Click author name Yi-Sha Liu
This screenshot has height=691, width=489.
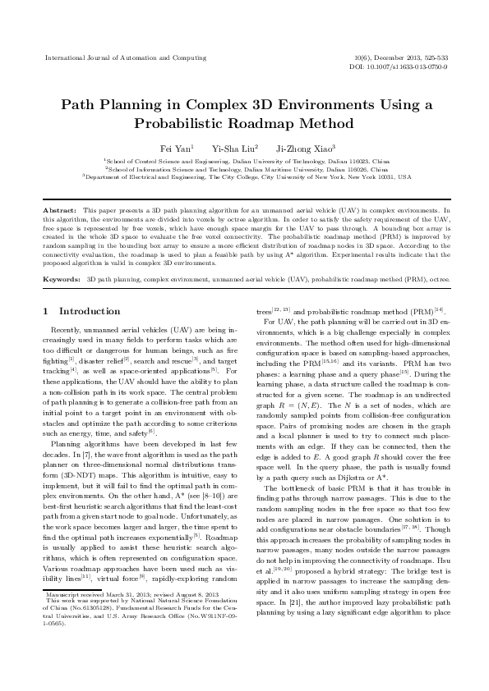point(234,148)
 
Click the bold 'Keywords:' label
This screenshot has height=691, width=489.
point(62,257)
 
